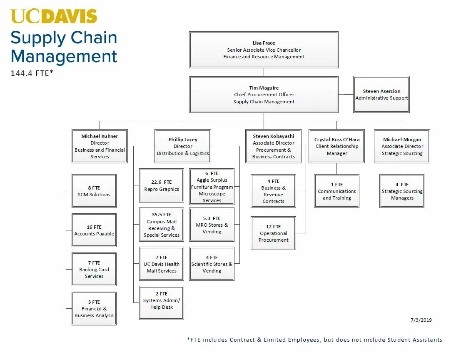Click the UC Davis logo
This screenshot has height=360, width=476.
(x=54, y=16)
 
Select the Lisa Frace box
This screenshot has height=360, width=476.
(x=264, y=50)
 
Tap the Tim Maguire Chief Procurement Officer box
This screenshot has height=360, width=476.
(x=264, y=95)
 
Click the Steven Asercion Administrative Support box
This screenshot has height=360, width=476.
(x=381, y=95)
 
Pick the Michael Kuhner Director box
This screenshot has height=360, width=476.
(x=100, y=146)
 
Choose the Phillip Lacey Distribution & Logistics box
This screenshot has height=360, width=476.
(x=183, y=146)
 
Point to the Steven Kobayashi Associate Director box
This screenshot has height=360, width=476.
(x=273, y=146)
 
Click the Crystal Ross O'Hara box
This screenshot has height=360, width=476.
(x=336, y=146)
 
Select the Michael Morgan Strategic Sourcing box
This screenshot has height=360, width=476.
(x=402, y=146)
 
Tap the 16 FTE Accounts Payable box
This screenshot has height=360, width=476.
(x=94, y=230)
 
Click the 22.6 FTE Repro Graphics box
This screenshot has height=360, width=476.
(x=162, y=186)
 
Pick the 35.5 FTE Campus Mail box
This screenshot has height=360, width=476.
(x=162, y=225)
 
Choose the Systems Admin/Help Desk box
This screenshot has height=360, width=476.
(x=162, y=303)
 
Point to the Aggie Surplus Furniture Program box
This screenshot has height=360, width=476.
(x=212, y=187)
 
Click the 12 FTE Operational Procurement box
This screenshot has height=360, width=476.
(x=273, y=233)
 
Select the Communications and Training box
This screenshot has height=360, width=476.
(x=336, y=191)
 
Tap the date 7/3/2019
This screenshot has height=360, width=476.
(x=421, y=320)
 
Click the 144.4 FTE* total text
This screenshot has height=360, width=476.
(x=32, y=73)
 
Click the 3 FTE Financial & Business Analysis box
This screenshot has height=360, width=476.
(x=94, y=309)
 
